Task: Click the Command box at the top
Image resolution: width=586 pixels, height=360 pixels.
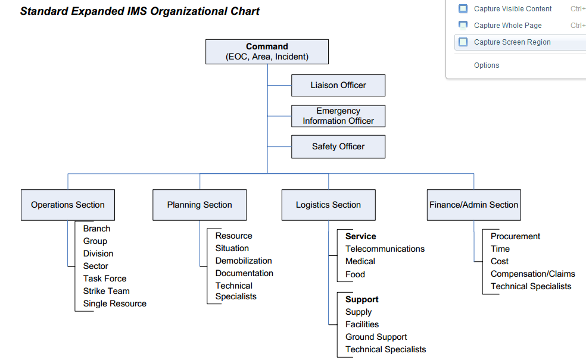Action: [x=267, y=52]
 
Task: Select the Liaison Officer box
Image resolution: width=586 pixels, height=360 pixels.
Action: [x=338, y=85]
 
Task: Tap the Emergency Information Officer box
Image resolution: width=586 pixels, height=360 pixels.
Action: [x=338, y=116]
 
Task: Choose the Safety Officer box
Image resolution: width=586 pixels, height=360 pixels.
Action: [x=338, y=146]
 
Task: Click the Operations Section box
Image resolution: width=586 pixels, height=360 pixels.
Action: [x=68, y=205]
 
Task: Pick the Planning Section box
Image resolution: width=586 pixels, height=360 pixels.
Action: [x=200, y=205]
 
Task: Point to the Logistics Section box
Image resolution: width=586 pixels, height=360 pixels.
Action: [x=328, y=205]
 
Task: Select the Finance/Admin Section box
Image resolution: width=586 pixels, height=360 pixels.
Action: [x=473, y=205]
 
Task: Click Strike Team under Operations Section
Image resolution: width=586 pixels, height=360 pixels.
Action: [x=106, y=291]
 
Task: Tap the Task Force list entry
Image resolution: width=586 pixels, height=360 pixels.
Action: [x=105, y=278]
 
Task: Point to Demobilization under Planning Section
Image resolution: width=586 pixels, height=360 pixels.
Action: [x=244, y=261]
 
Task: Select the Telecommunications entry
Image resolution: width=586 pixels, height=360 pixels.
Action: [x=385, y=249]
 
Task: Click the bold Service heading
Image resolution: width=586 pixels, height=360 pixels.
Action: [x=360, y=236]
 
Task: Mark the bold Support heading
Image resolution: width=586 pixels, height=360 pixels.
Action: [x=361, y=299]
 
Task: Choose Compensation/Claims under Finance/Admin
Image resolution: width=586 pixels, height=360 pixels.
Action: [x=532, y=274]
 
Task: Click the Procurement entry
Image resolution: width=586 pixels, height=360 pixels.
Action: [x=515, y=236]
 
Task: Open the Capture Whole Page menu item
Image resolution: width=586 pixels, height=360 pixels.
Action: [x=507, y=26]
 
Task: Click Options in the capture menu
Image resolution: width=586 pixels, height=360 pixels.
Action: [x=487, y=65]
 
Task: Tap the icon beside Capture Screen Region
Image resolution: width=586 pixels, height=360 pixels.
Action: [x=463, y=42]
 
